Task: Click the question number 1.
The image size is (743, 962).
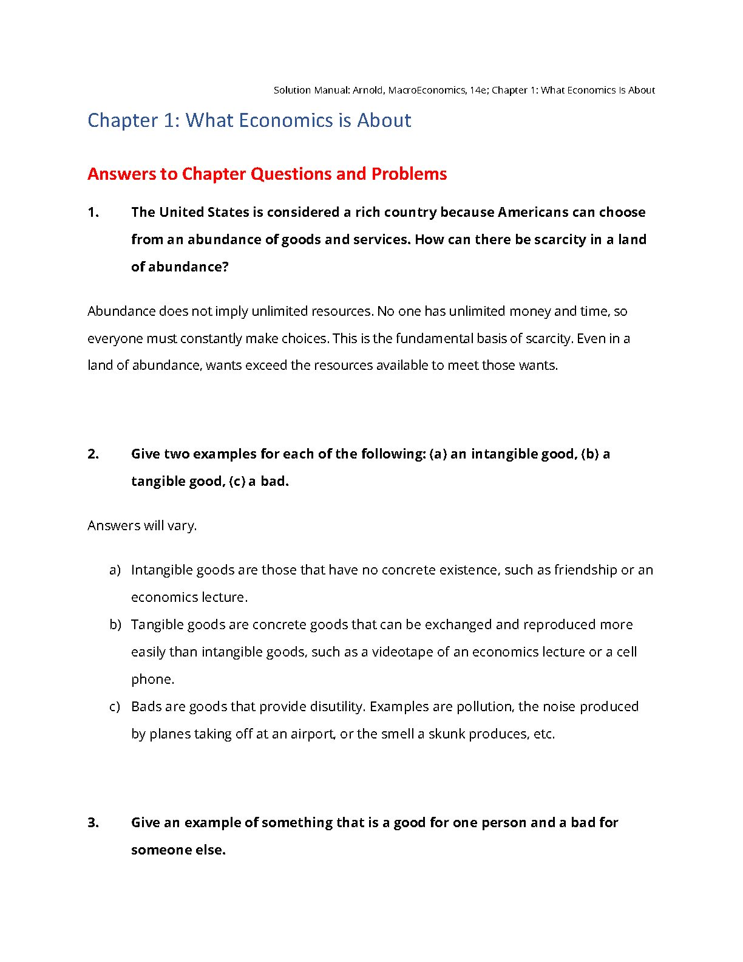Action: coord(93,213)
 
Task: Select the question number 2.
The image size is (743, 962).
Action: coord(93,454)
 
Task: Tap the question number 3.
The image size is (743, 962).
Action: coord(93,823)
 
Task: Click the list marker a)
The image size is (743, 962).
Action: coord(115,570)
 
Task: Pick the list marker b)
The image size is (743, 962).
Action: coord(115,625)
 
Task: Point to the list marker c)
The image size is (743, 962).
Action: coord(115,707)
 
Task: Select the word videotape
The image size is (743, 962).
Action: coord(402,652)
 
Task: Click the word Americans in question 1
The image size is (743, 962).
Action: coord(533,213)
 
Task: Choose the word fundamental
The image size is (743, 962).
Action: coord(433,338)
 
